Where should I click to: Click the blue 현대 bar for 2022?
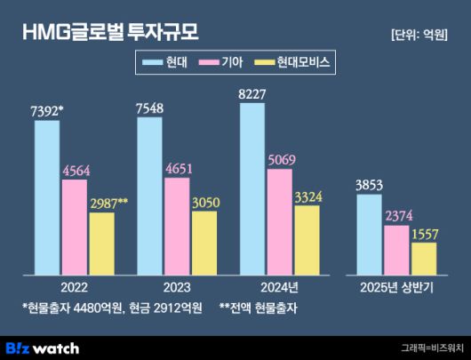click(47, 196)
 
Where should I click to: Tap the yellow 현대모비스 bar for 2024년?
click(307, 238)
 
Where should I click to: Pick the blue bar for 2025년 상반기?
click(369, 232)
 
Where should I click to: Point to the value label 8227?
click(252, 93)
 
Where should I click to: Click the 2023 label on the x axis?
click(177, 287)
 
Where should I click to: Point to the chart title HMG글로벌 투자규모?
click(111, 31)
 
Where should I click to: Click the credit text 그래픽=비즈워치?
click(430, 348)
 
